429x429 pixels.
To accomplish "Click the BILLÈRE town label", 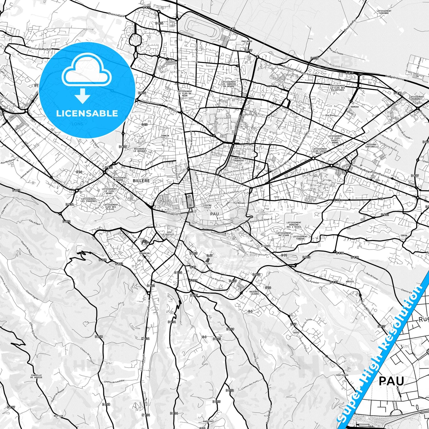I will pyautogui.click(x=141, y=181).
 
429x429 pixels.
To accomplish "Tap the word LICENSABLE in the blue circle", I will pyautogui.click(x=87, y=113).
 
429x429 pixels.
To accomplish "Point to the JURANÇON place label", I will pyautogui.click(x=144, y=253).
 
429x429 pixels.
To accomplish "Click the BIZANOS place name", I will pyautogui.click(x=266, y=246).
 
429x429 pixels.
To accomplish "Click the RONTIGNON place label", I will pyautogui.click(x=342, y=375).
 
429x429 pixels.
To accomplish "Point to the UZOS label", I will pyautogui.click(x=296, y=333).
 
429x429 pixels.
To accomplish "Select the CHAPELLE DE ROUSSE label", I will pyautogui.click(x=37, y=376).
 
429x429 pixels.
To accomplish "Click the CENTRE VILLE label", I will pyautogui.click(x=208, y=206).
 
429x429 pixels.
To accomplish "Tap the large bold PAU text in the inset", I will pyautogui.click(x=391, y=381).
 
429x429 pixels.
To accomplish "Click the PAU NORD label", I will pyautogui.click(x=247, y=41).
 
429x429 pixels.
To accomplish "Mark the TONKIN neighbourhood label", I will pyautogui.click(x=165, y=136).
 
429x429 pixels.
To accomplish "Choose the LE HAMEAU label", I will pyautogui.click(x=353, y=107).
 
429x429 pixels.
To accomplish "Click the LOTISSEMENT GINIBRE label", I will pyautogui.click(x=384, y=12).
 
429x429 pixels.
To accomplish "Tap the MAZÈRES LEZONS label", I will pyautogui.click(x=255, y=293).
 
